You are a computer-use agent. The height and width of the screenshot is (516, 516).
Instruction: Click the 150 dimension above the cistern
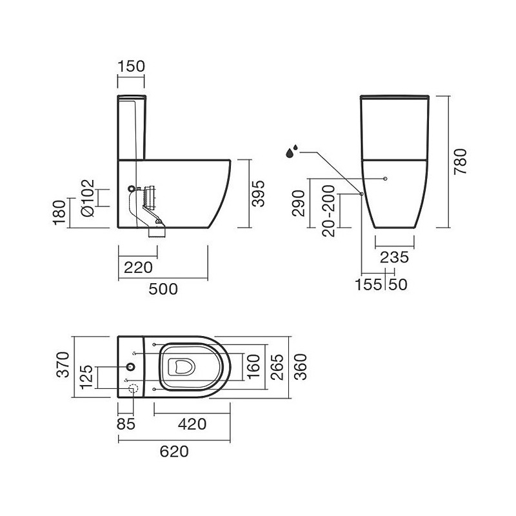[x=131, y=66]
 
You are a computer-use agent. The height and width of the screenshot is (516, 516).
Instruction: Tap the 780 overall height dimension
[x=460, y=162]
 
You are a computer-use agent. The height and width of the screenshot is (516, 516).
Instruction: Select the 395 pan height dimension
[x=258, y=193]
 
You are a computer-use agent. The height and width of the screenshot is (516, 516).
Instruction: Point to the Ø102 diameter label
[x=88, y=198]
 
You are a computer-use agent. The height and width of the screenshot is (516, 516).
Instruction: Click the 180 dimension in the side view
[x=59, y=213]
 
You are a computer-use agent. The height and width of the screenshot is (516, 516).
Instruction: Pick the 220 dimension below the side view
[x=138, y=268]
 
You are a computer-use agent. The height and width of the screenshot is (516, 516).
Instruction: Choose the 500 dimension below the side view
[x=163, y=289]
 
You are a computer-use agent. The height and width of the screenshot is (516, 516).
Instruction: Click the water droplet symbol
[x=292, y=152]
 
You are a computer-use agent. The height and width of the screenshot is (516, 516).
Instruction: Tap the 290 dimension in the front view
[x=299, y=203]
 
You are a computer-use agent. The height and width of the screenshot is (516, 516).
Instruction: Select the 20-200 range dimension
[x=328, y=211]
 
